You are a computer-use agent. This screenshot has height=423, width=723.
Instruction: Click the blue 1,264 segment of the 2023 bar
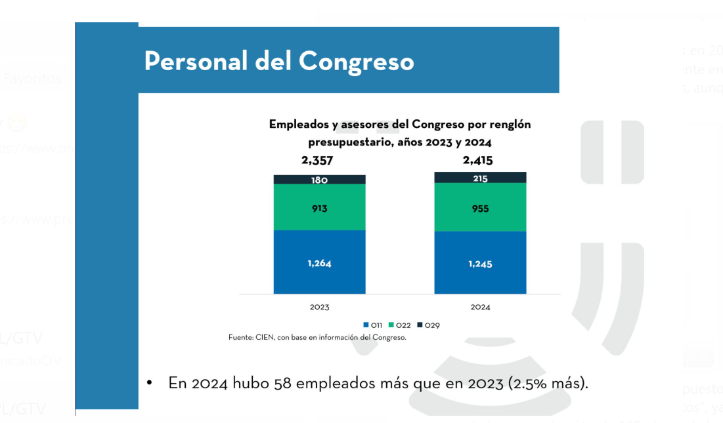pos(319,262)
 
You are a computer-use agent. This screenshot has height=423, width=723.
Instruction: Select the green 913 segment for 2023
pos(319,207)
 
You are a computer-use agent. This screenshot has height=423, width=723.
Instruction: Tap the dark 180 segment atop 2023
pos(319,180)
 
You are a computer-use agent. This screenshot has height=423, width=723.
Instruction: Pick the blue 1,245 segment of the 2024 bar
pos(480,263)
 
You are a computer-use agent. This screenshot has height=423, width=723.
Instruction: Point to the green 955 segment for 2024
pos(480,207)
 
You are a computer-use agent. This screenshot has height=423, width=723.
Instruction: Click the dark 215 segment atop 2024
pos(480,178)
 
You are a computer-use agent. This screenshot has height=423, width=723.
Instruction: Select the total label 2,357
pos(318,161)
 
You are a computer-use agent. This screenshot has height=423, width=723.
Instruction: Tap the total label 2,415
pos(477,161)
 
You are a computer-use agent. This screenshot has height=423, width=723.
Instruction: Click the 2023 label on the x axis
pos(319,307)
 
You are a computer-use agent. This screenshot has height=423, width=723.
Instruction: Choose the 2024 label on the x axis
pos(480,307)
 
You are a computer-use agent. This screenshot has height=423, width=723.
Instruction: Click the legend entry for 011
pos(373,325)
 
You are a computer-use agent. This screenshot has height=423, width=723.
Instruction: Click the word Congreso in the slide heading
pos(356,61)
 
